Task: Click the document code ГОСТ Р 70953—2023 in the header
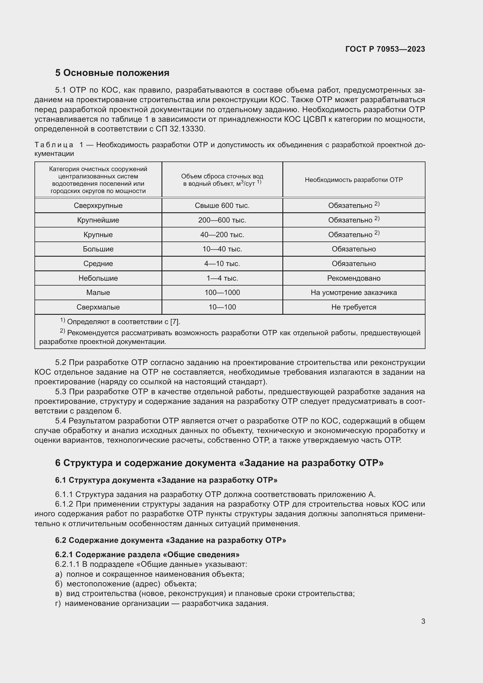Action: [x=385, y=49]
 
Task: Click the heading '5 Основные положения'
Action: [x=112, y=73]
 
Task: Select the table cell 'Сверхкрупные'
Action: [x=98, y=206]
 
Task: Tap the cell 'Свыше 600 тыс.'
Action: [x=222, y=206]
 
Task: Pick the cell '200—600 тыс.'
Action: [x=222, y=220]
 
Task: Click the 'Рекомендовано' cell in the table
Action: [x=353, y=278]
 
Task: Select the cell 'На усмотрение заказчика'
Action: [x=353, y=292]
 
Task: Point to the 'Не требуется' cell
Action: [x=353, y=307]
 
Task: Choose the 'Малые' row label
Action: [x=98, y=292]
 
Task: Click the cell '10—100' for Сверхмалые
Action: [x=222, y=307]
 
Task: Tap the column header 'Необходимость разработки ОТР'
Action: [x=353, y=180]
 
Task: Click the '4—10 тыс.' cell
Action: [x=222, y=264]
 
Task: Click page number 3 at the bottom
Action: [x=423, y=621]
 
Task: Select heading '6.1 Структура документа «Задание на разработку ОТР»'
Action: [x=166, y=480]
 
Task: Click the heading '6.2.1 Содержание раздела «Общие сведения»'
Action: [x=147, y=554]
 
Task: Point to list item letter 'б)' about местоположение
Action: [x=59, y=584]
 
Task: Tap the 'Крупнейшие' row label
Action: [x=98, y=220]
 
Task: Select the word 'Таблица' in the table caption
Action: [x=54, y=145]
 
